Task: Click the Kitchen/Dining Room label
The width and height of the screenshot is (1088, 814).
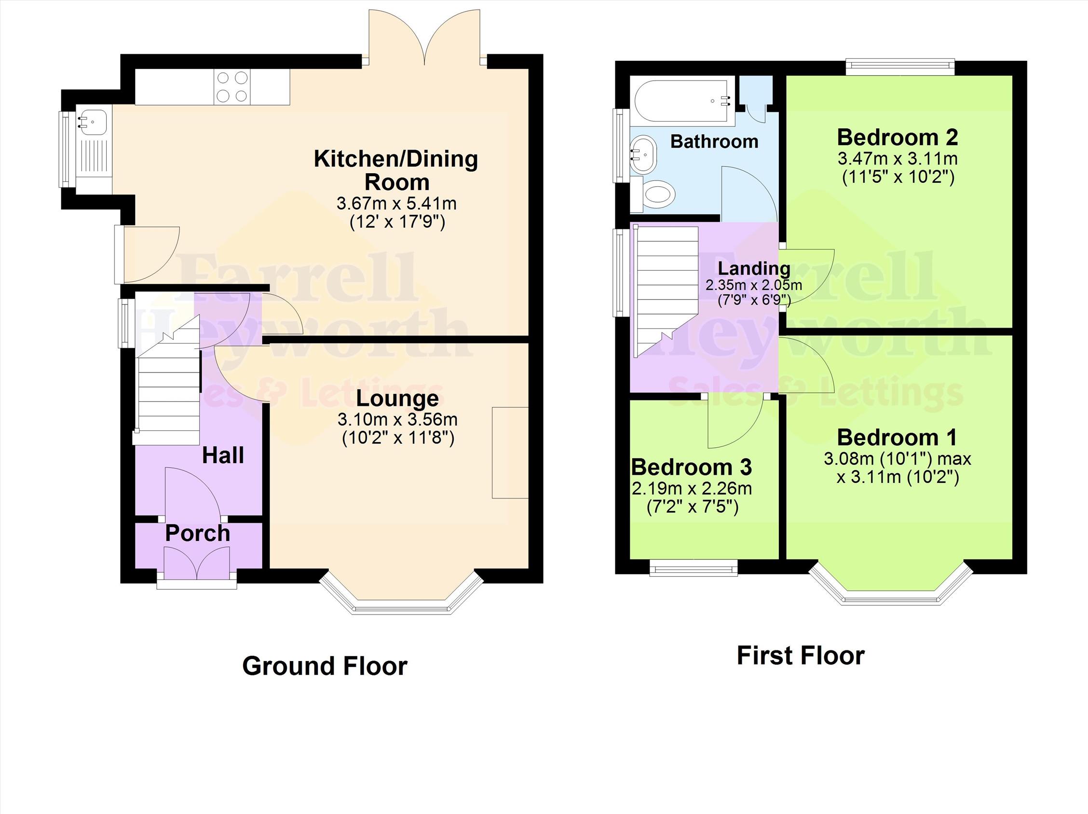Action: (x=396, y=170)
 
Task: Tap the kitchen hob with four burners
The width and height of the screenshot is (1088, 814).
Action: (x=232, y=87)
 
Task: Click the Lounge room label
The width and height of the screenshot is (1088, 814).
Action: (x=397, y=398)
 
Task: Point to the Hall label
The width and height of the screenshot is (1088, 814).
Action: (x=223, y=455)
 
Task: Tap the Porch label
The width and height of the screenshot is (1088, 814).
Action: (x=198, y=534)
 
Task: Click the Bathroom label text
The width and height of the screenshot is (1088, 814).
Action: (x=714, y=142)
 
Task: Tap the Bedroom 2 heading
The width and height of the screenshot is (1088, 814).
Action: (x=898, y=138)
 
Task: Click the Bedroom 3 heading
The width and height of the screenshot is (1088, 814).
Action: (x=692, y=467)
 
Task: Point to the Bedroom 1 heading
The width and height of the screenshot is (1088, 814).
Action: (x=898, y=437)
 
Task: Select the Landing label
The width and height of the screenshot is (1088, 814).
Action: (x=754, y=269)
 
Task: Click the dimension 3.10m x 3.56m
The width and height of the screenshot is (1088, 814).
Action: (x=397, y=420)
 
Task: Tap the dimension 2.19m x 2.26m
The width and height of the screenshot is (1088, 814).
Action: (x=692, y=489)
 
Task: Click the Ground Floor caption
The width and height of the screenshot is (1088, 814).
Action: (x=325, y=666)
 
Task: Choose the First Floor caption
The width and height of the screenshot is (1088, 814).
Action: (x=801, y=656)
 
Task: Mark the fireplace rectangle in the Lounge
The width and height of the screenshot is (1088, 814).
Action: (x=511, y=453)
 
